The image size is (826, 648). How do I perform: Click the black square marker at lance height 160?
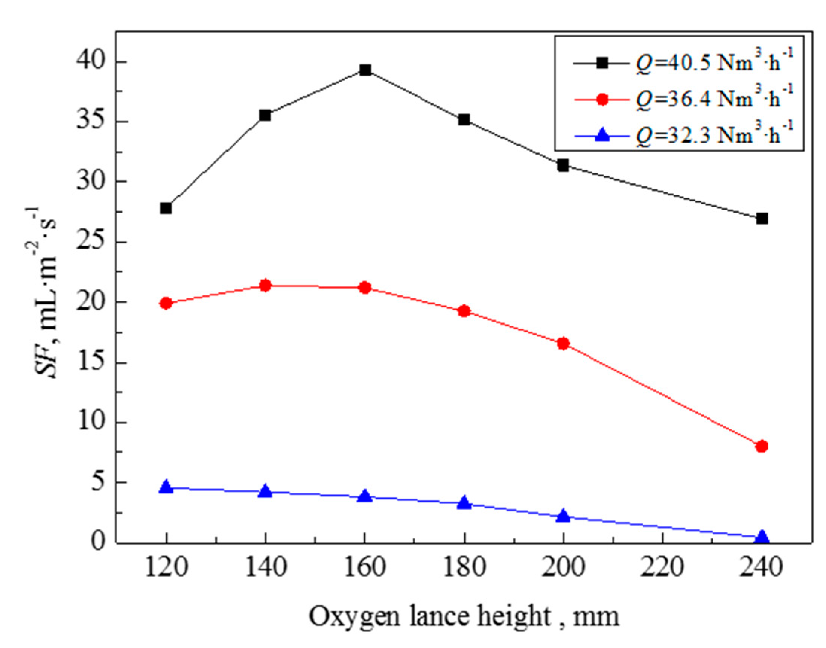pos(365,70)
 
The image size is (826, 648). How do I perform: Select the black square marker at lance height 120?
pos(166,208)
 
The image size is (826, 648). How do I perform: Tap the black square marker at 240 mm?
pos(762,219)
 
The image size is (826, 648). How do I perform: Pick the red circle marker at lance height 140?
pos(265,285)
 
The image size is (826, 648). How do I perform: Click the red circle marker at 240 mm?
pos(762,446)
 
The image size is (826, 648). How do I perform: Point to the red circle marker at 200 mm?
pos(563,343)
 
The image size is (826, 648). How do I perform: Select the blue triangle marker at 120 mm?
pos(166,487)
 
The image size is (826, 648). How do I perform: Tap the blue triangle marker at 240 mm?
pos(762,537)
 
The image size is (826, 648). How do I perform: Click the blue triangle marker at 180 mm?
pos(464,503)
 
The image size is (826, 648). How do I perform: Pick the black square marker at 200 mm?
pos(563,166)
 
